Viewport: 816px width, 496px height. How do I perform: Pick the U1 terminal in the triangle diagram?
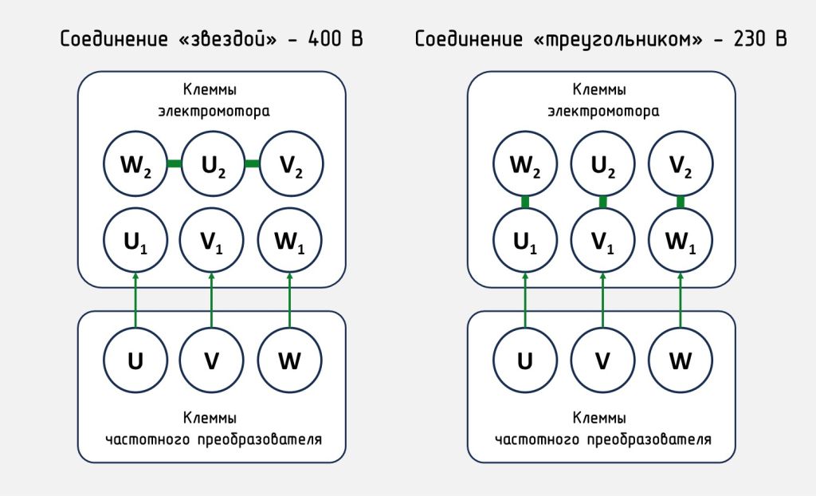[x=524, y=239]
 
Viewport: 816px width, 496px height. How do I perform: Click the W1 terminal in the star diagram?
[x=290, y=239]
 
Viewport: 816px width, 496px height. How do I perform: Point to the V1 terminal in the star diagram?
[x=212, y=239]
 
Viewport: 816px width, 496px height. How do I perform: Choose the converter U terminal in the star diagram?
[x=135, y=360]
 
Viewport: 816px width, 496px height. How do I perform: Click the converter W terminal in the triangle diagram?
[x=681, y=360]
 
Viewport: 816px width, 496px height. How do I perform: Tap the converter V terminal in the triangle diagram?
[x=603, y=360]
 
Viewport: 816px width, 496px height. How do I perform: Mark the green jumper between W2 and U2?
[x=174, y=164]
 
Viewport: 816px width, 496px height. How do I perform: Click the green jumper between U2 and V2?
[x=252, y=164]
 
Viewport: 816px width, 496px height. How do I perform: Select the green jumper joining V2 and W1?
[x=681, y=202]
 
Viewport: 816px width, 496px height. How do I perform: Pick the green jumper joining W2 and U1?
[x=524, y=202]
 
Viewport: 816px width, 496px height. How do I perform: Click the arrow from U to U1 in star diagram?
[x=135, y=298]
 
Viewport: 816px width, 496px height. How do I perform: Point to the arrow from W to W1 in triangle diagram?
[x=681, y=298]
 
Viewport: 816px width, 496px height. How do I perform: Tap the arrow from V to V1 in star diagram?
[x=212, y=298]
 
